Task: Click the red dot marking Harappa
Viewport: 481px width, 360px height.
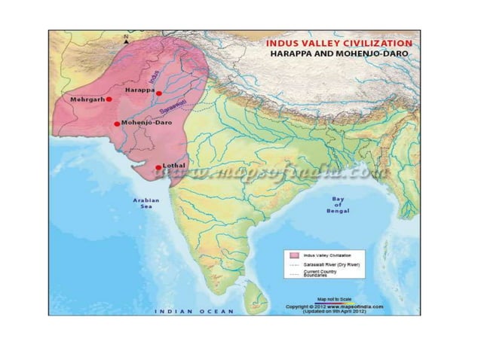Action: pos(159,93)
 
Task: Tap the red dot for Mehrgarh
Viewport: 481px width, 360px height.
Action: pos(109,99)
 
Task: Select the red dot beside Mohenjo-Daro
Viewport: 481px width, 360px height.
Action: pos(116,124)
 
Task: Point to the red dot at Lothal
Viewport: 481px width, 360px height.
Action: pos(158,167)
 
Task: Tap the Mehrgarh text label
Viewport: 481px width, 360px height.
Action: pos(87,99)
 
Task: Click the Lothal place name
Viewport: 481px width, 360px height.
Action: pos(174,164)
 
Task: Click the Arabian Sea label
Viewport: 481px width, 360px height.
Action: pos(146,203)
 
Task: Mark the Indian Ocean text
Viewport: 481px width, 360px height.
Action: pos(195,310)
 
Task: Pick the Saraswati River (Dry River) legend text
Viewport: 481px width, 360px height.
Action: pos(329,266)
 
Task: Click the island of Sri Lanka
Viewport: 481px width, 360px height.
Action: pos(258,287)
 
